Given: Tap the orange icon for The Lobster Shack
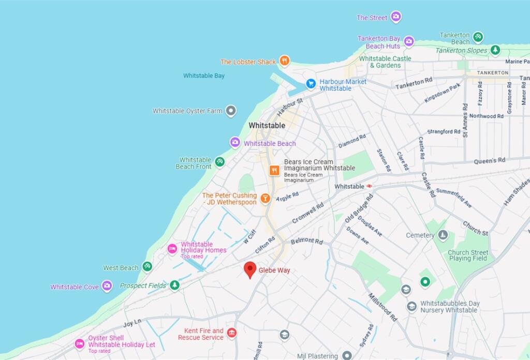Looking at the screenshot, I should (x=284, y=61).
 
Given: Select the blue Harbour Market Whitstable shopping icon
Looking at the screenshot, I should (x=311, y=83).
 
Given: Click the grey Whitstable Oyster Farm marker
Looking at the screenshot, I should (x=231, y=111).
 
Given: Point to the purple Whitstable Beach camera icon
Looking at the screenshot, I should (x=235, y=142).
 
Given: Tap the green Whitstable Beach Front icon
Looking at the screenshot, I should (x=219, y=162).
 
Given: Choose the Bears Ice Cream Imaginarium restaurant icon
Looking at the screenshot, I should (x=274, y=170).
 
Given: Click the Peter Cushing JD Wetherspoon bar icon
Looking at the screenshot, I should (x=265, y=198).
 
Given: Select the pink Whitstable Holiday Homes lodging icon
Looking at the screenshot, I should (x=172, y=249).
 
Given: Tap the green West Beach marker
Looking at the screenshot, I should (x=147, y=267).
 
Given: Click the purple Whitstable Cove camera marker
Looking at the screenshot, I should (x=107, y=286).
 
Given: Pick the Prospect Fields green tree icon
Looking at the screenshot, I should (x=175, y=285).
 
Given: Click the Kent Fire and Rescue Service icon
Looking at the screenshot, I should (x=232, y=333).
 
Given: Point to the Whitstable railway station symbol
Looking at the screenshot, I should (x=370, y=186).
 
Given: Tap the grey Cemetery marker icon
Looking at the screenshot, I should (x=443, y=235).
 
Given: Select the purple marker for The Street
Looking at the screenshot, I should (x=396, y=17).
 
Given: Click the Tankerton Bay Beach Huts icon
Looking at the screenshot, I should (x=409, y=41).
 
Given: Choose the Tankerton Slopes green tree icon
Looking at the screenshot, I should (x=495, y=50).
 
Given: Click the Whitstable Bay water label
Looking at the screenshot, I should (x=204, y=76).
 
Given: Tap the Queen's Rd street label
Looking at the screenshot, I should (x=489, y=161).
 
